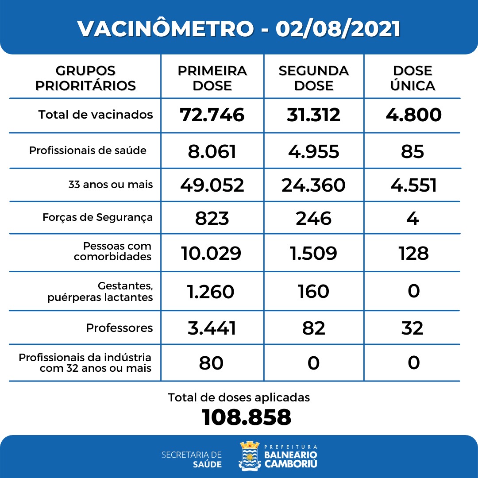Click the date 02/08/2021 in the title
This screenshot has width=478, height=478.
(338, 29)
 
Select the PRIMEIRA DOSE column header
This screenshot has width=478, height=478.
(212, 78)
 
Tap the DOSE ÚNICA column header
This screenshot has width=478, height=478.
(412, 78)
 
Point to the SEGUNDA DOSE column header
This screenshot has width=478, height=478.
(313, 78)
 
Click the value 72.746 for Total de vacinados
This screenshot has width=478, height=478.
(212, 115)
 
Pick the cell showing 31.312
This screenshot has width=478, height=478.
(313, 115)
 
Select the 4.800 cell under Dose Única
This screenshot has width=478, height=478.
(413, 115)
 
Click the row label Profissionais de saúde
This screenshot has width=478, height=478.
(88, 150)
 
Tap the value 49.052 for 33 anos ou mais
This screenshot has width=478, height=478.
(212, 185)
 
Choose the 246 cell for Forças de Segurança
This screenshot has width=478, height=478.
(313, 218)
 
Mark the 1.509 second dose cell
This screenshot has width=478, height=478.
(313, 253)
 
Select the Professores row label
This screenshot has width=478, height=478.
(119, 328)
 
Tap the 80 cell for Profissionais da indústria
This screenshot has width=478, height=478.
(211, 363)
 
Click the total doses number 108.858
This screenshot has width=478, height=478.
(247, 417)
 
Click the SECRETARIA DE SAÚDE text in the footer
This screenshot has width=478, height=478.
(192, 459)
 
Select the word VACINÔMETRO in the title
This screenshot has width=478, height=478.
(166, 29)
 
